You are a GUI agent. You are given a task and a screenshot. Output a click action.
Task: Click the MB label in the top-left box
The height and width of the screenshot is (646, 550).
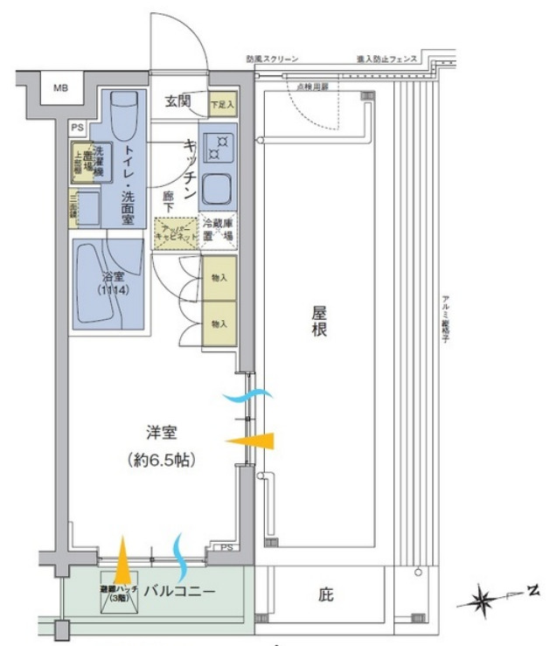point(59,88)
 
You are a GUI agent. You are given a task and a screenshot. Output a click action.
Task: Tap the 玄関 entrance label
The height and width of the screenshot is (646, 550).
point(180,102)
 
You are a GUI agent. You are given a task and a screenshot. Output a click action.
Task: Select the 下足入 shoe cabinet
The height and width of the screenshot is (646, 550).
point(223,103)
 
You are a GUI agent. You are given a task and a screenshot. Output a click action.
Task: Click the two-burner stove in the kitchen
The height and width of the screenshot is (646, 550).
point(217,146)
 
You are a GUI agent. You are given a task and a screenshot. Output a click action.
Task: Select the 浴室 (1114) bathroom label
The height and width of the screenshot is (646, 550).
point(114,284)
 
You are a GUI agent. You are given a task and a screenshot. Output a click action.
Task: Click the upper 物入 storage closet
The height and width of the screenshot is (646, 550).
point(219,278)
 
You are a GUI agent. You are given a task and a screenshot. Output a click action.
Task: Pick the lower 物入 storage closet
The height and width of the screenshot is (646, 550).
point(219,323)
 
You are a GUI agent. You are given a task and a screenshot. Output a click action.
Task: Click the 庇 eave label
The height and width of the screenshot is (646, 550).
point(325,596)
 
